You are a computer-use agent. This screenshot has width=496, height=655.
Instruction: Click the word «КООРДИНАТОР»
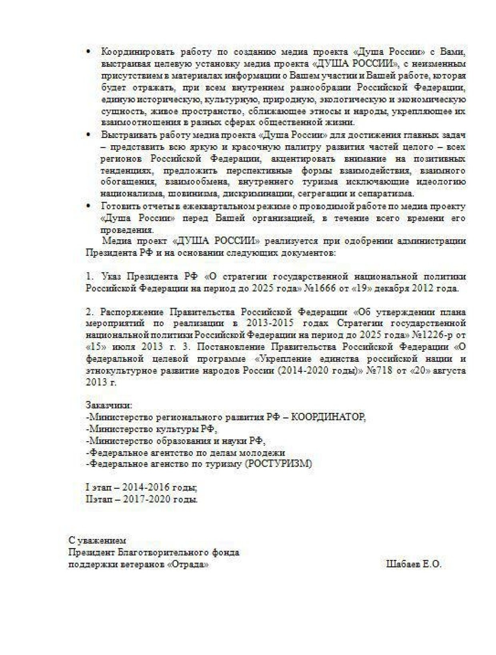coord(328,417)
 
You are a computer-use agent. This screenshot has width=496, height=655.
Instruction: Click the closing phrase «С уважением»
coord(97,540)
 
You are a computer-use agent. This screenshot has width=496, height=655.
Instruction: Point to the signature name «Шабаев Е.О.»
coord(414,565)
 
